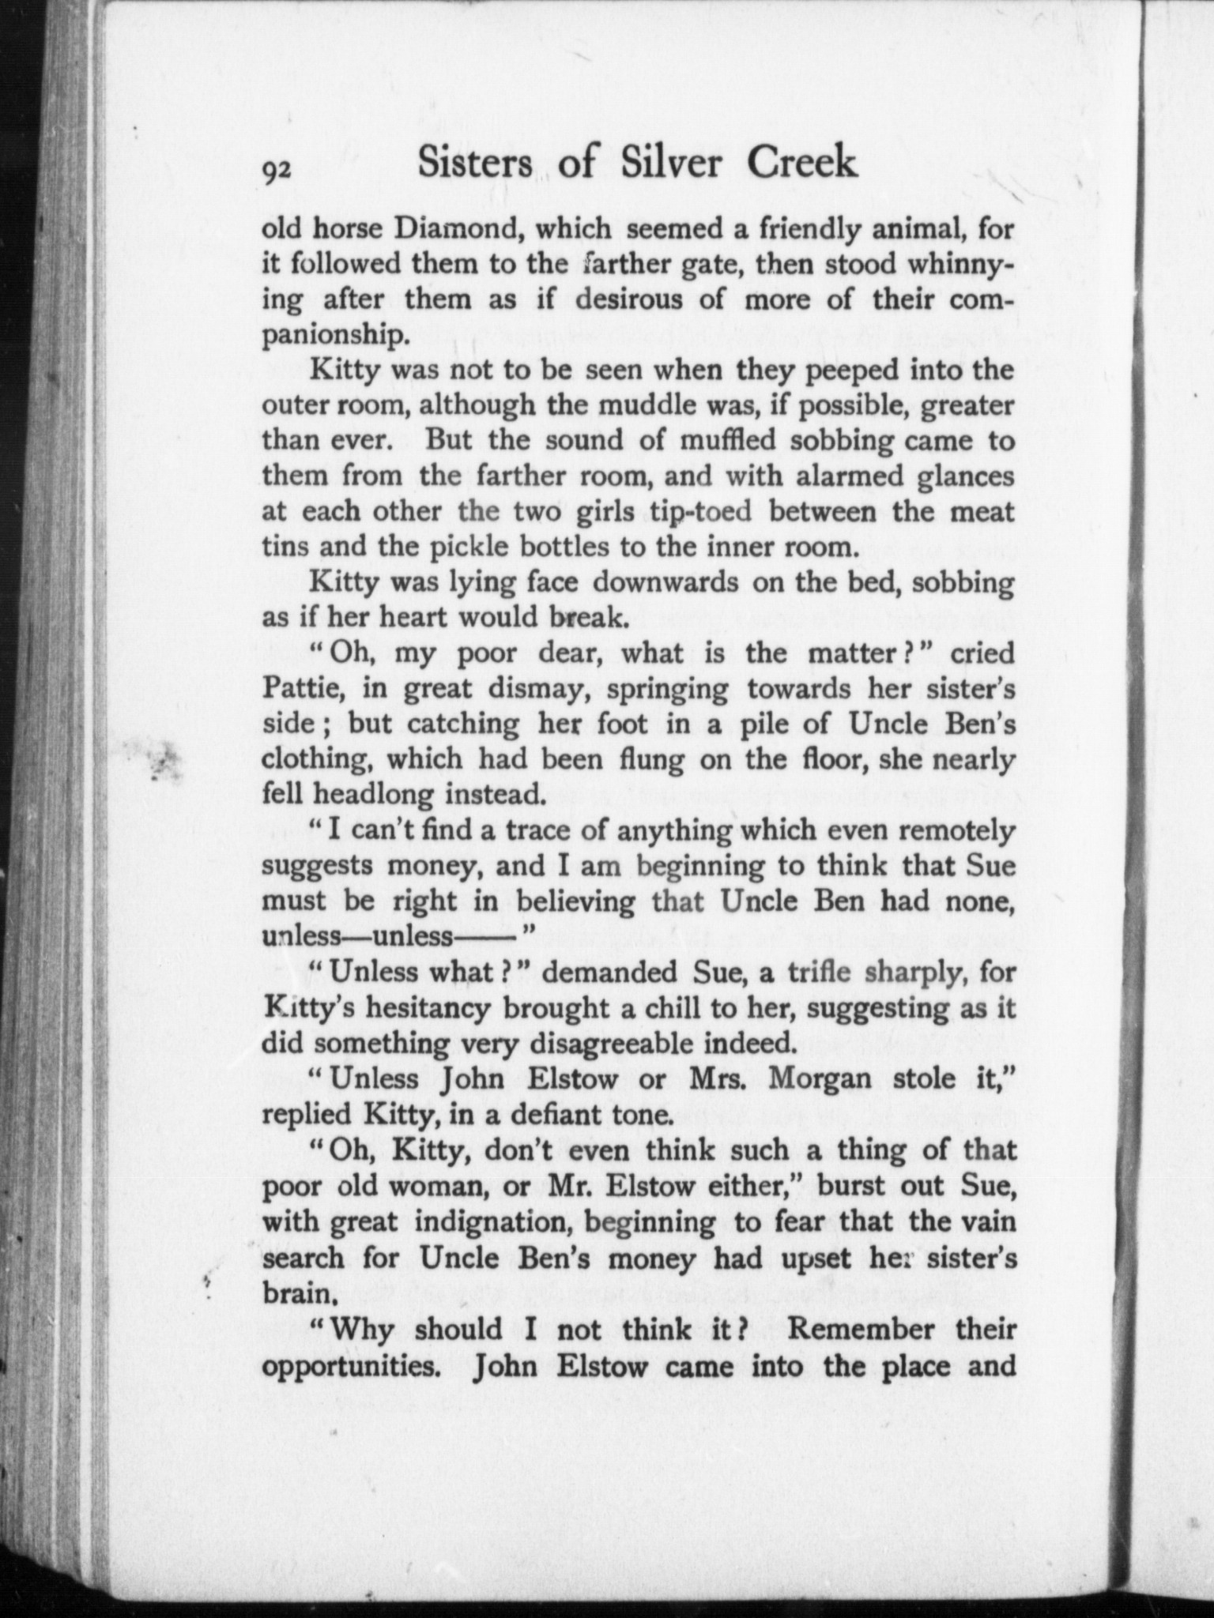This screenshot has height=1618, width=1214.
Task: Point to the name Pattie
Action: pyautogui.click(x=301, y=688)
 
